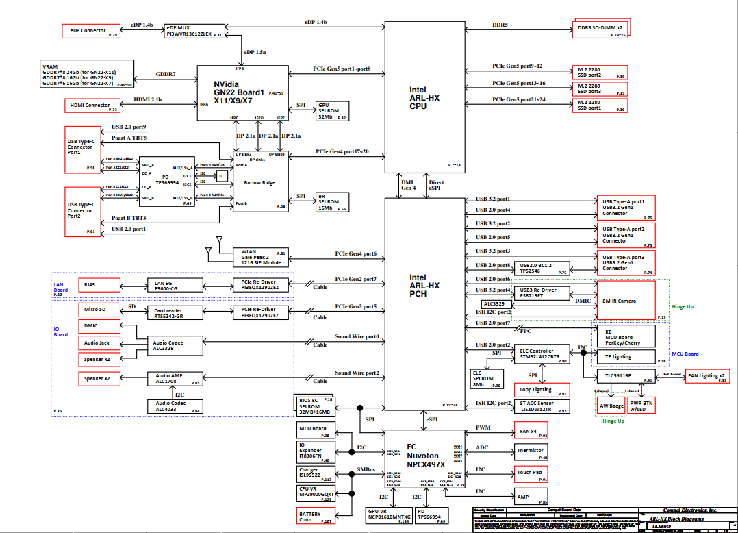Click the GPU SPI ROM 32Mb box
point(332,111)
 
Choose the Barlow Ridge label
point(259,182)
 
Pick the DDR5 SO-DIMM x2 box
point(600,27)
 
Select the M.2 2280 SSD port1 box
point(600,105)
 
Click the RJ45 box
point(99,284)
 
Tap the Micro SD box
point(99,310)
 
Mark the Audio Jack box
point(99,343)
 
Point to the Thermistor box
point(531,451)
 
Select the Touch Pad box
point(531,474)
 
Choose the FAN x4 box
point(531,432)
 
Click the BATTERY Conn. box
point(316,517)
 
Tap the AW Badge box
point(611,406)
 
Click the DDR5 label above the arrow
point(500,25)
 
